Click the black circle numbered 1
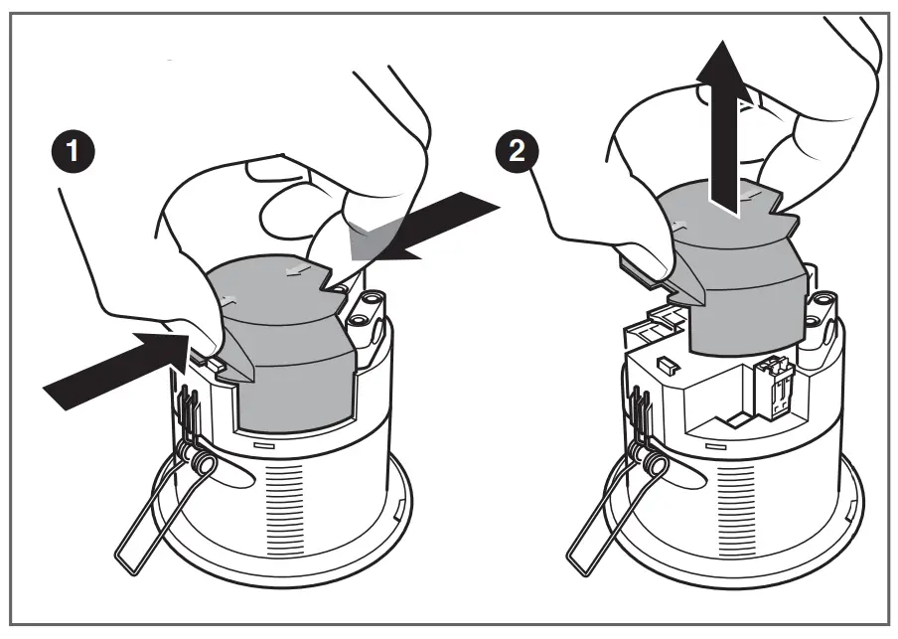tap(70, 156)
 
